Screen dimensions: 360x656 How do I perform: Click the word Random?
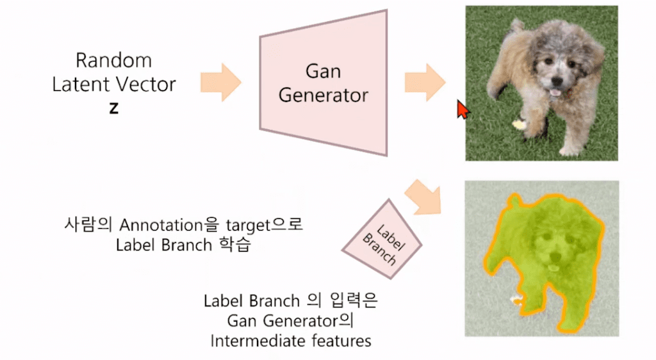tap(113, 61)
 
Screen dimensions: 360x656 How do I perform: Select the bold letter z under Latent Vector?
tap(113, 108)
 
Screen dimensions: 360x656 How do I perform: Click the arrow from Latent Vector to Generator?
tap(220, 82)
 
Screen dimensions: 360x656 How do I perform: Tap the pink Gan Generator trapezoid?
tap(324, 83)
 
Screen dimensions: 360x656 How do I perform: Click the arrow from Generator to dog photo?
tap(425, 82)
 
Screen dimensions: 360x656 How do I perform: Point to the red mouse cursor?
tap(462, 109)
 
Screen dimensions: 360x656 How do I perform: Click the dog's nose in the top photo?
tap(555, 81)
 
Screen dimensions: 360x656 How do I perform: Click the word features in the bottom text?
tap(340, 341)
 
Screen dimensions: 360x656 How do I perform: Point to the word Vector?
tap(147, 84)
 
